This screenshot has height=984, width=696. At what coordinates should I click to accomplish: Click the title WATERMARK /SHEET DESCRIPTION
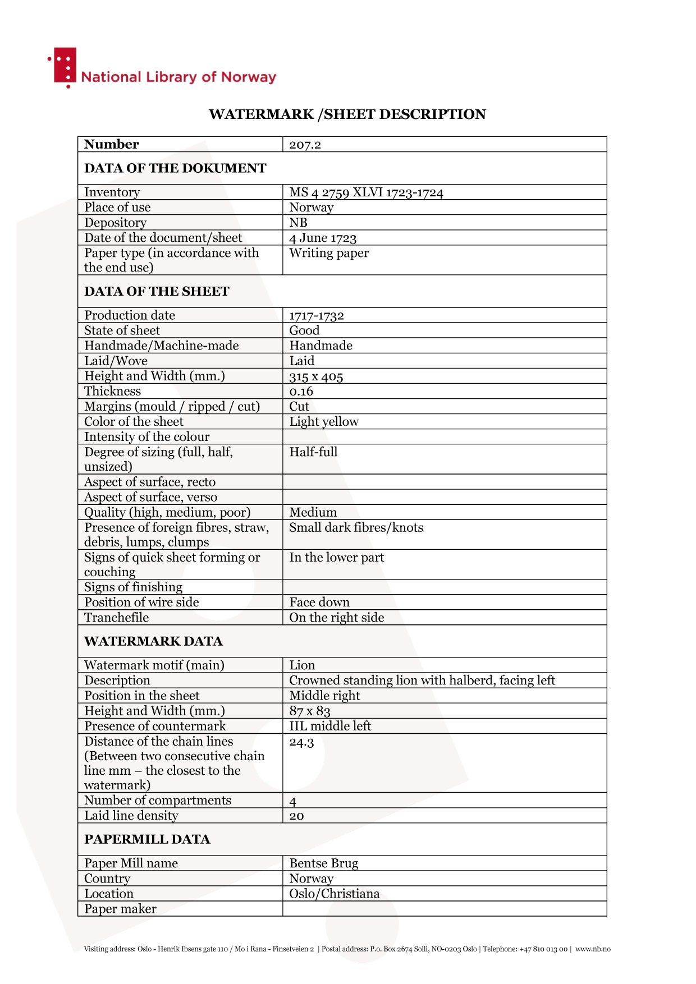(x=347, y=114)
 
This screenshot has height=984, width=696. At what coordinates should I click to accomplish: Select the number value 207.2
(x=305, y=145)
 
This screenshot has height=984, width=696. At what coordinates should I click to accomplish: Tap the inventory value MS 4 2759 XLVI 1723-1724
(x=366, y=192)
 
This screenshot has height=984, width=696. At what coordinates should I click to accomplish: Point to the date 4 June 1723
(x=323, y=238)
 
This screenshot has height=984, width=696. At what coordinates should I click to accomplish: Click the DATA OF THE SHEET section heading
(x=157, y=291)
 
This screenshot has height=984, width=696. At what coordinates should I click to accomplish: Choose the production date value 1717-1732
(x=317, y=315)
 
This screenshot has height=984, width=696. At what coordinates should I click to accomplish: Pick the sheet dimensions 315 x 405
(x=316, y=376)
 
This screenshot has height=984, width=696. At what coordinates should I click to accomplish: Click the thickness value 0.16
(x=301, y=392)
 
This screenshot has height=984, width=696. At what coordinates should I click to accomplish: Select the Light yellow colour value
(x=324, y=422)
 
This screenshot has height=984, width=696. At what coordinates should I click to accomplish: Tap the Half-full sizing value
(x=313, y=452)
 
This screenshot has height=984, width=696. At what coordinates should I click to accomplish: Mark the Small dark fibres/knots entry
(x=356, y=527)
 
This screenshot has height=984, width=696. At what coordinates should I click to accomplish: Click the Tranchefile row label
(x=117, y=618)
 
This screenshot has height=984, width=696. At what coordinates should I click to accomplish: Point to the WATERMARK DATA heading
(x=153, y=641)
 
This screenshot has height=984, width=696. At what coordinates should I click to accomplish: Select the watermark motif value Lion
(x=302, y=665)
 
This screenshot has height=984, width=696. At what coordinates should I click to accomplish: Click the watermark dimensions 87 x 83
(x=310, y=711)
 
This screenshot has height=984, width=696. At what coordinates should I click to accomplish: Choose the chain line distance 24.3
(x=301, y=743)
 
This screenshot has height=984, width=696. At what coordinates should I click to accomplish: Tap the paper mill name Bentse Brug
(x=323, y=863)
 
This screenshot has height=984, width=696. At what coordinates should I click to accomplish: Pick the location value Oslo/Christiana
(x=334, y=894)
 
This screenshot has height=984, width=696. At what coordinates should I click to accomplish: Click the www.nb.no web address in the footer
(x=593, y=949)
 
